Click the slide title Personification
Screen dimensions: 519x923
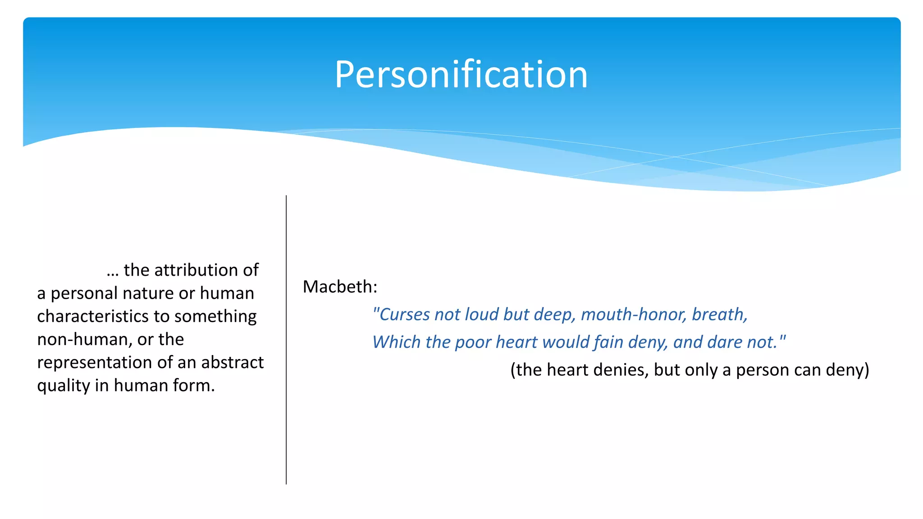point(461,74)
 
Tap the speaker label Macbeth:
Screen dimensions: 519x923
point(340,287)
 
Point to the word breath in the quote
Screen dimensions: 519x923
point(717,314)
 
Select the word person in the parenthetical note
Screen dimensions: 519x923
point(762,370)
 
